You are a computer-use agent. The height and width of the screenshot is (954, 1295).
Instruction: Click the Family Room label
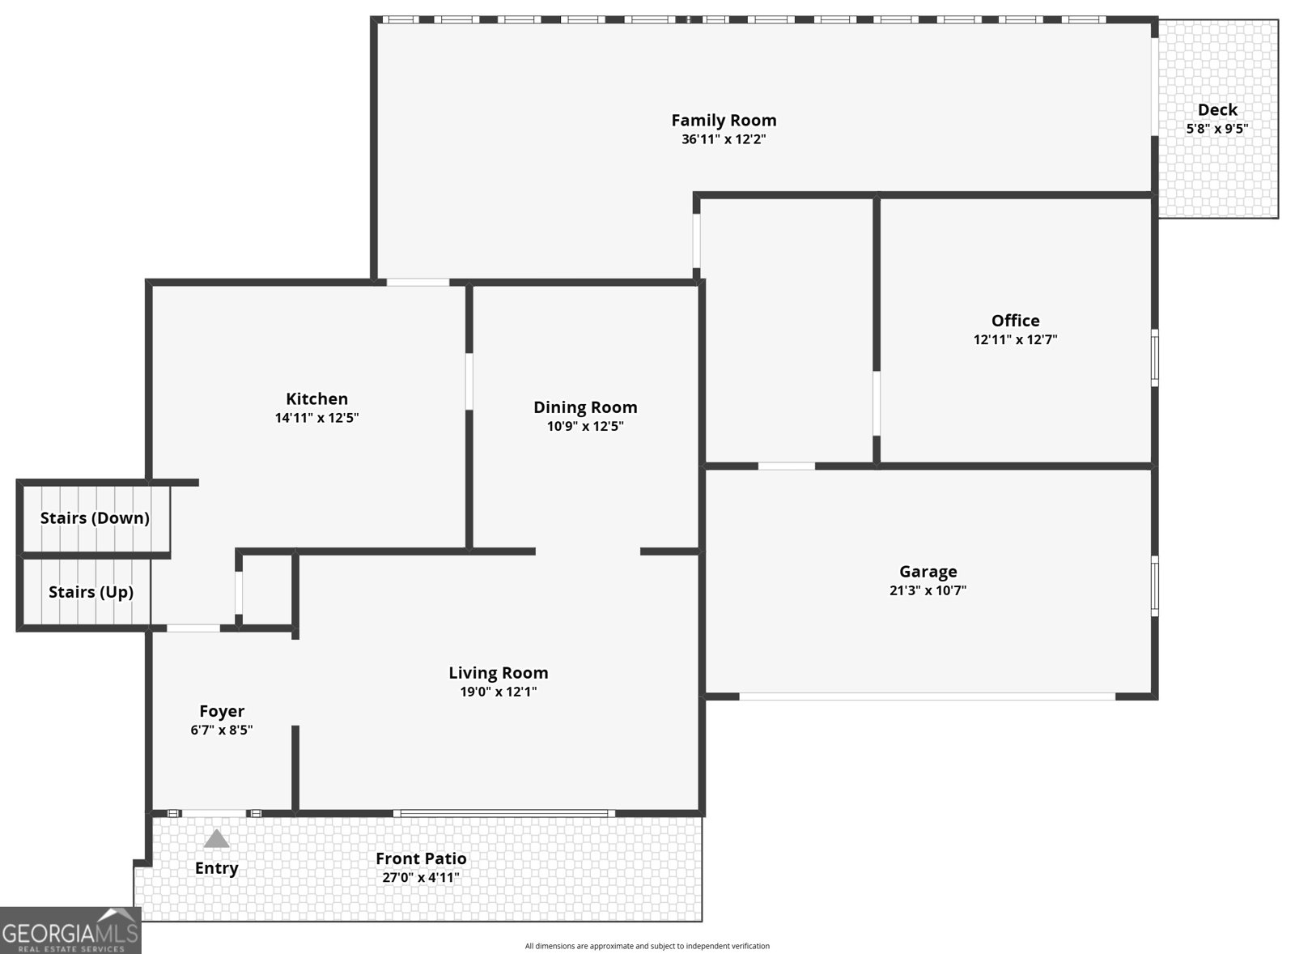(x=724, y=121)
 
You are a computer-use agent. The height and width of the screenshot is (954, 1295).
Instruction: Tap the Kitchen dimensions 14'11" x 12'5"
(x=316, y=418)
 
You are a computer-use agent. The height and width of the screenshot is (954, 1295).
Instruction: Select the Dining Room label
(x=585, y=407)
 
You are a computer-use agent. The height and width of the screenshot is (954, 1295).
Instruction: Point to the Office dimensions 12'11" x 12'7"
(x=1015, y=339)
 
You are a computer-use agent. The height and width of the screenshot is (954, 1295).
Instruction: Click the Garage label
(x=928, y=572)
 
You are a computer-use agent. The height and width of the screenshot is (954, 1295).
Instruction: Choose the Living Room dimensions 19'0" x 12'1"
(x=499, y=692)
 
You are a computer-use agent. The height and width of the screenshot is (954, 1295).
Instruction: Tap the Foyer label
(x=222, y=711)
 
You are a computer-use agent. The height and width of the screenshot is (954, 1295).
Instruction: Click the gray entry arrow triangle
(x=216, y=838)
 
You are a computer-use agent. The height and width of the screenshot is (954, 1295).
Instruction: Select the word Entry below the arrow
(x=217, y=868)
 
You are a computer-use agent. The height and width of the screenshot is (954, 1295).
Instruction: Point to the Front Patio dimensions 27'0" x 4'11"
(x=421, y=877)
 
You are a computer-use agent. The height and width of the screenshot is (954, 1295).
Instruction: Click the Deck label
(x=1217, y=110)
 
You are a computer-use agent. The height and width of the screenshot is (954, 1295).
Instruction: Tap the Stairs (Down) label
(x=95, y=517)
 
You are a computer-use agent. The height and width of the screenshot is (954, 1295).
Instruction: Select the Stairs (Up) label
(x=91, y=592)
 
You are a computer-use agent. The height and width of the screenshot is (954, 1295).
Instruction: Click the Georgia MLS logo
(x=70, y=931)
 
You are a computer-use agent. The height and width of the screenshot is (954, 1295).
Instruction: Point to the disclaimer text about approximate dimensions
(x=647, y=946)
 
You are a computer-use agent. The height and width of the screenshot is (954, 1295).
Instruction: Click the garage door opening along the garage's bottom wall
(x=928, y=696)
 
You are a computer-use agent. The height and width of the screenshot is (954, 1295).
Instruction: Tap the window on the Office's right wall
(x=1154, y=357)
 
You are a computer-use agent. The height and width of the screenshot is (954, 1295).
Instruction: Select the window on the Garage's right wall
(x=1154, y=586)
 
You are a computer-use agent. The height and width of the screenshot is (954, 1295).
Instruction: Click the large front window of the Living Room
(x=504, y=813)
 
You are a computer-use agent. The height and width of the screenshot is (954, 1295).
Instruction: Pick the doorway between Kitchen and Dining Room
(x=469, y=381)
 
